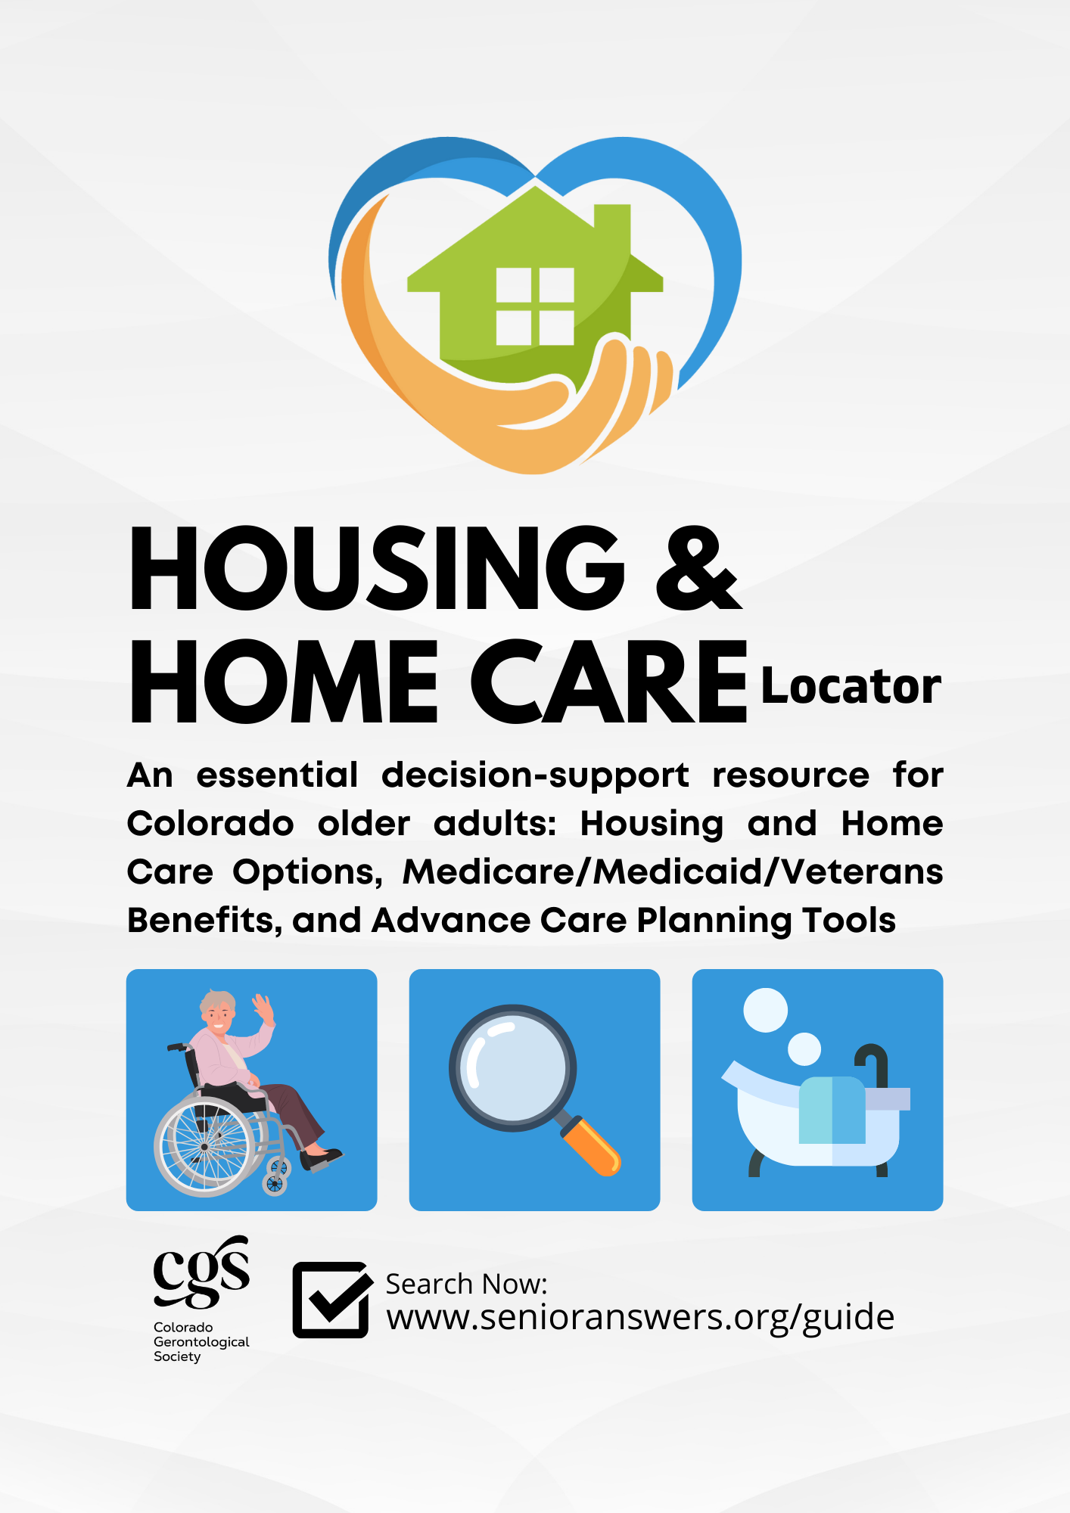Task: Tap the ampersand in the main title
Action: click(x=698, y=568)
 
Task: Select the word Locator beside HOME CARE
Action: click(x=851, y=686)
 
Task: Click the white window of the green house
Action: click(x=535, y=306)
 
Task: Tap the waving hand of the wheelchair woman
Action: click(x=263, y=1008)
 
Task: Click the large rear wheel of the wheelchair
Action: click(x=204, y=1146)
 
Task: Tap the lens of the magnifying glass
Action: click(x=513, y=1068)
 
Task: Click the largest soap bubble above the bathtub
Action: click(x=766, y=1010)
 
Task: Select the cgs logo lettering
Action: click(x=201, y=1272)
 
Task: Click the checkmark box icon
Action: click(x=331, y=1300)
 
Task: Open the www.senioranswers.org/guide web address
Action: click(x=640, y=1318)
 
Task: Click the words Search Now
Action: click(x=466, y=1284)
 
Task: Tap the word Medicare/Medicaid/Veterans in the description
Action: click(x=673, y=872)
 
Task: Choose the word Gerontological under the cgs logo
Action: click(x=201, y=1342)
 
